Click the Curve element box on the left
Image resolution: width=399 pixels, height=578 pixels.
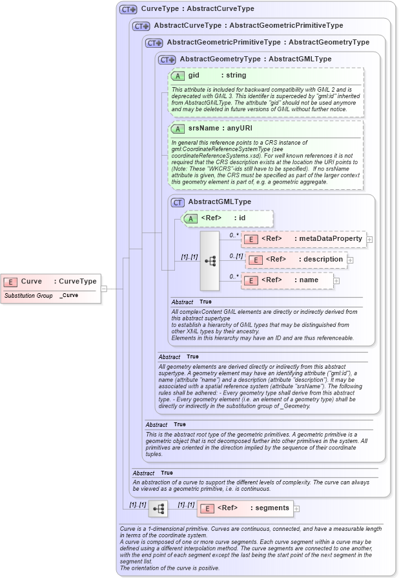(50, 282)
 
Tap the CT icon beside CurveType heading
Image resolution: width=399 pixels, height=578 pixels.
(128, 10)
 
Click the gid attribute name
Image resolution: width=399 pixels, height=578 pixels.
(194, 76)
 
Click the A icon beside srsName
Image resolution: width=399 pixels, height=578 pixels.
(178, 129)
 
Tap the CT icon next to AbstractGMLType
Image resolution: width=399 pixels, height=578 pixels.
(178, 202)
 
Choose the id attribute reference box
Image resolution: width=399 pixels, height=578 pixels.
(229, 218)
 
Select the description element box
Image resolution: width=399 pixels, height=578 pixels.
(297, 260)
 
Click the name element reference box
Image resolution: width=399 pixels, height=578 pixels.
(287, 280)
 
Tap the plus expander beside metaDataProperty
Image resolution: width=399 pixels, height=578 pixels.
(370, 240)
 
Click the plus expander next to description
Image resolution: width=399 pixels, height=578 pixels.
(351, 260)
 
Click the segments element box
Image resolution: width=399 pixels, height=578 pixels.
(245, 508)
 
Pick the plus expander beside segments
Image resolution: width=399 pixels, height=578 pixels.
(297, 509)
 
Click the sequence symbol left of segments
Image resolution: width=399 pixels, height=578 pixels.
(158, 509)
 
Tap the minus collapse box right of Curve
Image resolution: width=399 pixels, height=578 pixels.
(104, 289)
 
